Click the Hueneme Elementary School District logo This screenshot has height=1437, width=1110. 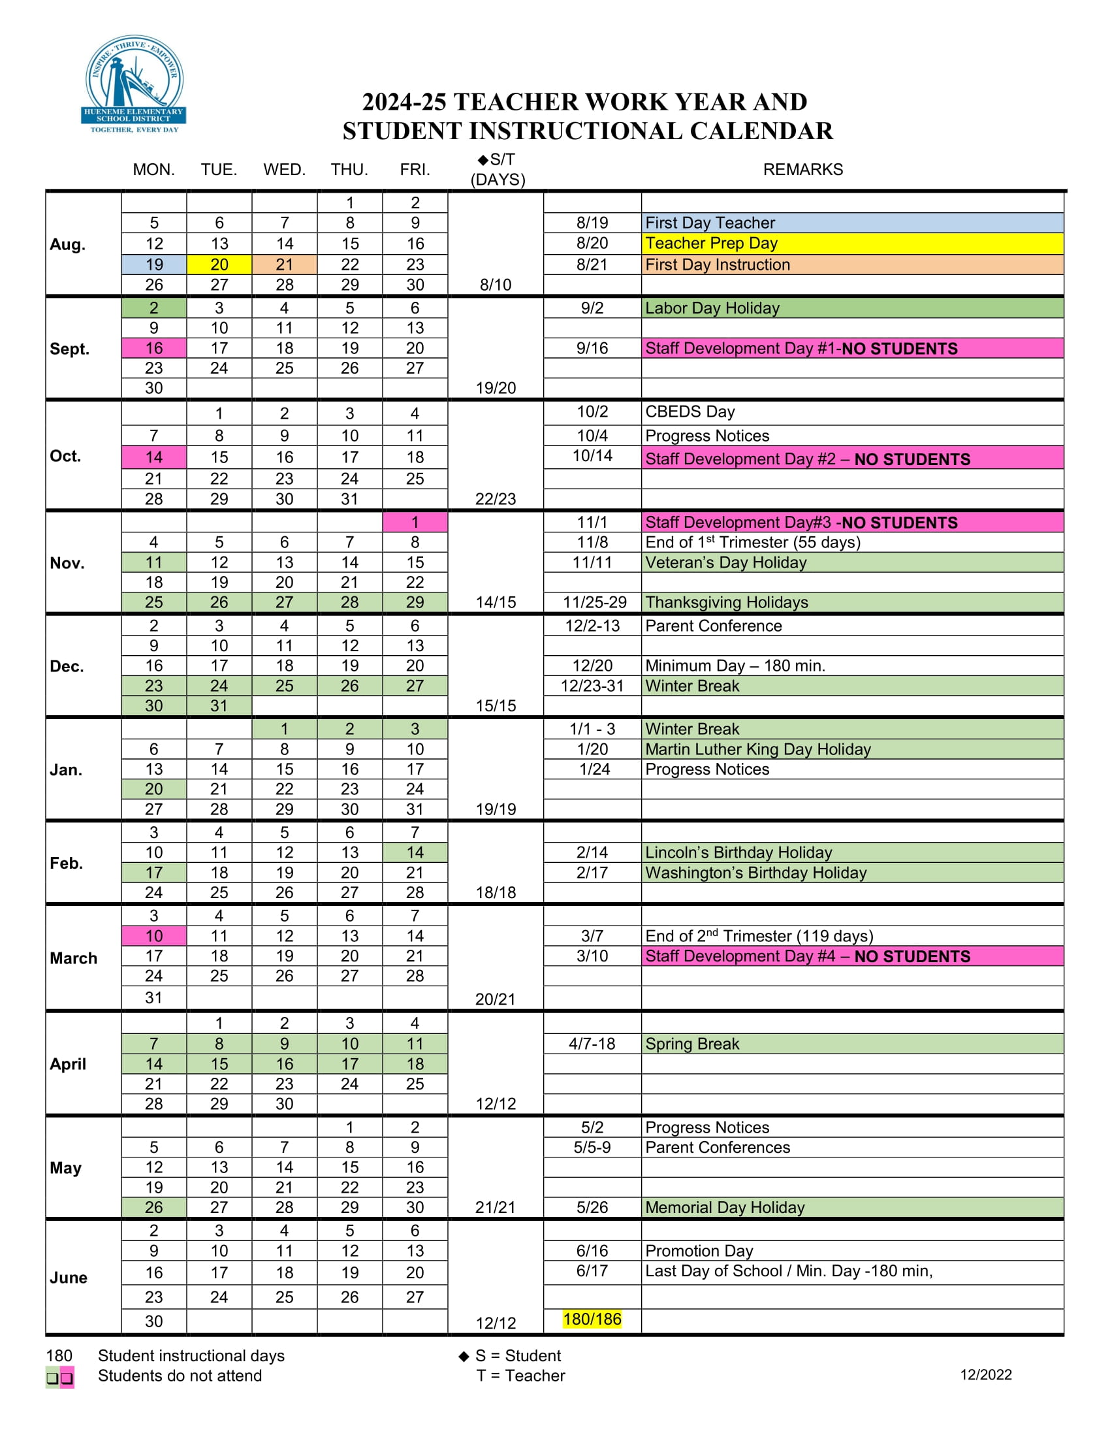pos(135,84)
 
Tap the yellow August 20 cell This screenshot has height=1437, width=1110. pos(219,265)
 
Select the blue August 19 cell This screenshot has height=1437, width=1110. pos(154,265)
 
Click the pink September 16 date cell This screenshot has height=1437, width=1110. pos(154,348)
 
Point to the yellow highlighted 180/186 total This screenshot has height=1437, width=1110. pos(592,1319)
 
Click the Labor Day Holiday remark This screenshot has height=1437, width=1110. pos(712,308)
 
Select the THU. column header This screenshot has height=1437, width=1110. pos(349,170)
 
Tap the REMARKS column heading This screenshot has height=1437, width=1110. pos(802,170)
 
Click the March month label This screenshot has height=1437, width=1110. pos(74,958)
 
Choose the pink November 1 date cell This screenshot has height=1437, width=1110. pos(415,523)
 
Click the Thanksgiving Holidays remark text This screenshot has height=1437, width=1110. pos(727,602)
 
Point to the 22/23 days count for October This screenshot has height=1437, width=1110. pos(496,499)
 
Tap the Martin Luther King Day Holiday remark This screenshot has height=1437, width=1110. pos(757,749)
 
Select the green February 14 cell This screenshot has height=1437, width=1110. pos(415,852)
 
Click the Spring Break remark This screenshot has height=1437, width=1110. pos(692,1044)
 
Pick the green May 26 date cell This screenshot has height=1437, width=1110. pos(154,1207)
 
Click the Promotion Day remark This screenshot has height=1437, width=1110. pos(699,1251)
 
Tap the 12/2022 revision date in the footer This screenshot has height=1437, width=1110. pos(986,1374)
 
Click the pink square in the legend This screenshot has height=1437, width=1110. pos(67,1377)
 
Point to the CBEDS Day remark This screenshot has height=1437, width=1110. pos(690,412)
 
